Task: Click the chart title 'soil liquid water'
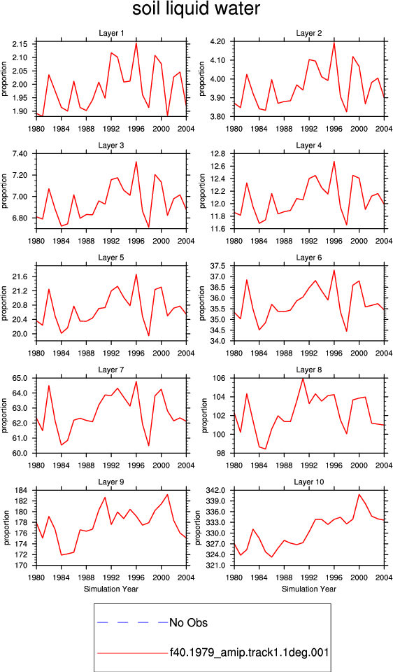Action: [x=196, y=9]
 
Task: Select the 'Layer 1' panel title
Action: [x=111, y=34]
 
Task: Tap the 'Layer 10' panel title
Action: [x=308, y=482]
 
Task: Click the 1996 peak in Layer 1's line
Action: [x=136, y=43]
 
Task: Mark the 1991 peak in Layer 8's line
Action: [x=303, y=379]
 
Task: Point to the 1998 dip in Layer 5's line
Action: [x=148, y=335]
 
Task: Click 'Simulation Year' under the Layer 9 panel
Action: [x=111, y=589]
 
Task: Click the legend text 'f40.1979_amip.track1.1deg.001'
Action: [x=249, y=653]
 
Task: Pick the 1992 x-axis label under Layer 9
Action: [x=111, y=577]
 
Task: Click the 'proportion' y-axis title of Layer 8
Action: [x=202, y=416]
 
